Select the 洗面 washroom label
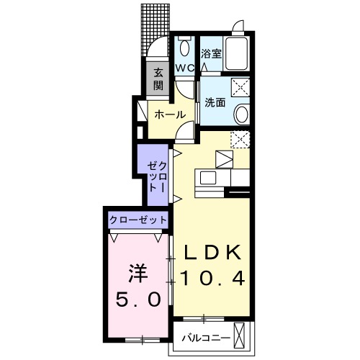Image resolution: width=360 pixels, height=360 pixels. point(215,102)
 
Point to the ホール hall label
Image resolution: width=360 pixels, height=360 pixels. point(171,114)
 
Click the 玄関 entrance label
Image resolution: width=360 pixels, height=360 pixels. point(158,78)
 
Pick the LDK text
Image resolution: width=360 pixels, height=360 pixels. point(214,253)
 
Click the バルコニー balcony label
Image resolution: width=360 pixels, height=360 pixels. point(206,337)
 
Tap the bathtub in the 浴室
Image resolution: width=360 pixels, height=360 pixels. point(236,55)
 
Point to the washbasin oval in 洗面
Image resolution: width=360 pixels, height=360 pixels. point(243,114)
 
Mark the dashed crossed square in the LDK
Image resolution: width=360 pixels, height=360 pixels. point(240,138)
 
